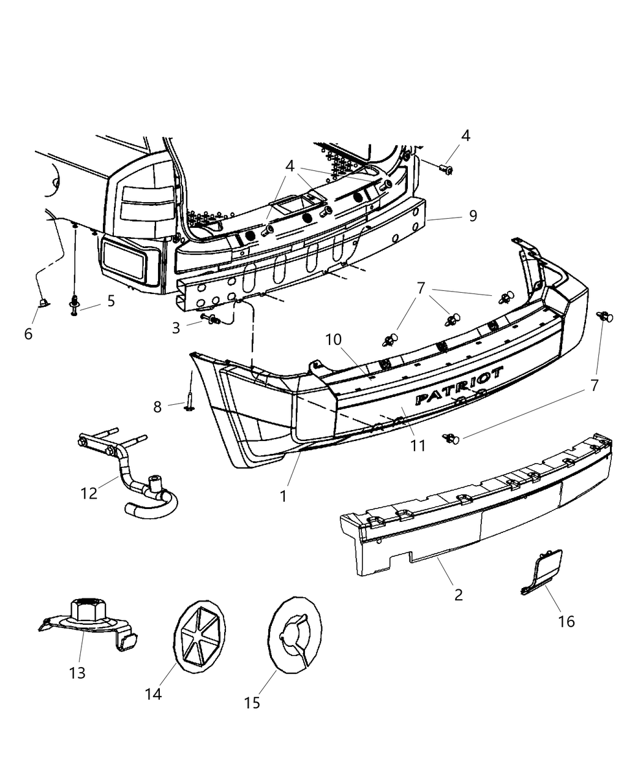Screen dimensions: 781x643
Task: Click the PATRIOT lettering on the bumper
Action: (x=459, y=386)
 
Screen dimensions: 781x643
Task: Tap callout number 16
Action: (x=566, y=621)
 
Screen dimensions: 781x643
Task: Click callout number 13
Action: (x=77, y=673)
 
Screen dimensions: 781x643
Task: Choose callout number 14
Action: (x=153, y=693)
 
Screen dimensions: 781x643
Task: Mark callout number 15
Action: (x=252, y=703)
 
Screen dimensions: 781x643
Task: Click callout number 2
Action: (x=459, y=594)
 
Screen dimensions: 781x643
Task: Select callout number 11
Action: (x=418, y=445)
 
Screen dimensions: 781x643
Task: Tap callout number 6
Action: (x=28, y=334)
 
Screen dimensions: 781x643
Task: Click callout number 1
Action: (x=283, y=496)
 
